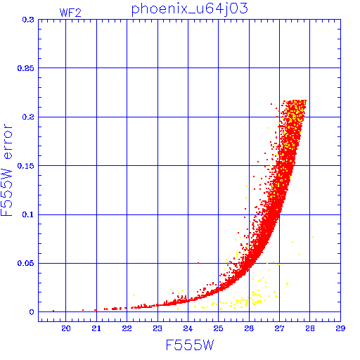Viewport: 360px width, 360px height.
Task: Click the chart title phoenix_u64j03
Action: coord(189,9)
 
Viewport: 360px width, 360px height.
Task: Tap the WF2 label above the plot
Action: coord(70,13)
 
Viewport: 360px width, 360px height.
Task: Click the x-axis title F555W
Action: coord(190,345)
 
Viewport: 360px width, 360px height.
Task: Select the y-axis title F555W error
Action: coord(6,170)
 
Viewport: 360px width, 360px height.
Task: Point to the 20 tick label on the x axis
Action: coord(66,328)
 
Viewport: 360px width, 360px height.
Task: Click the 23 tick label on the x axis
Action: coord(157,328)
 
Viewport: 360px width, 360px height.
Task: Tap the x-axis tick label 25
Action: coord(218,328)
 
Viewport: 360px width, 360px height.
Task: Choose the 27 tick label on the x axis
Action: coord(279,328)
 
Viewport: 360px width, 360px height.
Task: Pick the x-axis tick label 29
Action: coord(340,328)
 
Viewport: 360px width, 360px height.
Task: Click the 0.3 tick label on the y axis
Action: coord(28,20)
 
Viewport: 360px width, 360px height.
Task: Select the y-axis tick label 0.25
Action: coord(26,68)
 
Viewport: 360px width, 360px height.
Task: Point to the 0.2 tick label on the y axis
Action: coord(28,117)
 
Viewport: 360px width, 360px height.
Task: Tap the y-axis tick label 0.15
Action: coord(26,166)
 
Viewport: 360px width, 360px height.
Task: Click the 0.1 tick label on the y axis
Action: coord(28,214)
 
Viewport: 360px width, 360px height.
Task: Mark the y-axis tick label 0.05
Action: coord(26,263)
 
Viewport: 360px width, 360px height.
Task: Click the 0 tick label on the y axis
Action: coord(32,312)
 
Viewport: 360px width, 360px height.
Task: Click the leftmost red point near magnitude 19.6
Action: coord(53,311)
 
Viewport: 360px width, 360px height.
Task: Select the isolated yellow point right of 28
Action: coord(313,237)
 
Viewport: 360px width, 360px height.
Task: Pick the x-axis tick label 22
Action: coord(127,328)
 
